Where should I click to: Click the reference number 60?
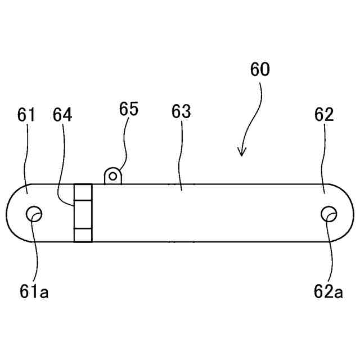[x=259, y=70]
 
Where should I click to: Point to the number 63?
[x=181, y=111]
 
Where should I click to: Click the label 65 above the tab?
[x=129, y=108]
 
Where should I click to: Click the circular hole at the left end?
[x=34, y=214]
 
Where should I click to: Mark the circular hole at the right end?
[x=328, y=214]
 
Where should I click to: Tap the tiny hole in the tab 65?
[x=113, y=176]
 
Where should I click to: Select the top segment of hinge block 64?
[x=83, y=192]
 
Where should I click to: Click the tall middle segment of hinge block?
[x=83, y=214]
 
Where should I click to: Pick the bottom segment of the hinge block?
[x=83, y=235]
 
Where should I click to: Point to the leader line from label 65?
[x=124, y=152]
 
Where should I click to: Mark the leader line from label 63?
[x=181, y=157]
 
